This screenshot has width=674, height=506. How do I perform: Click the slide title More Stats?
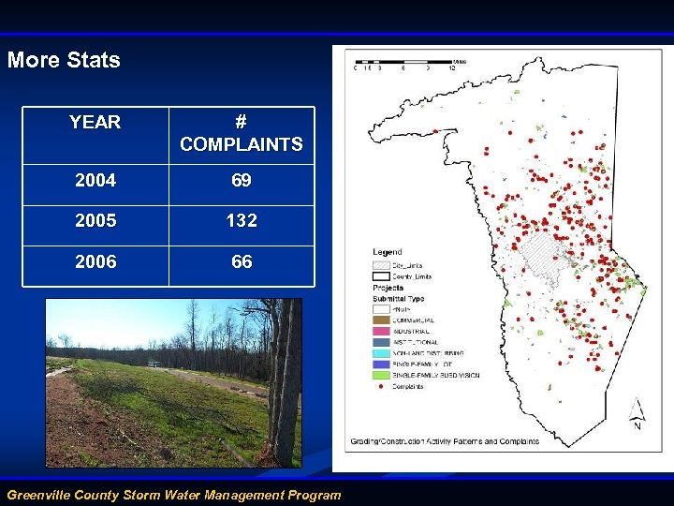64,60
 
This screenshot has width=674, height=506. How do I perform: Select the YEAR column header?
95,122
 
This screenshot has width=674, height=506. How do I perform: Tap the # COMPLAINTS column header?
242,133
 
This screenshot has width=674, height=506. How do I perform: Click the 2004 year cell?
95,180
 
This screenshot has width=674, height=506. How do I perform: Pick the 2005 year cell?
95,221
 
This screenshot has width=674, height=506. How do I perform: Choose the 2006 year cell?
95,262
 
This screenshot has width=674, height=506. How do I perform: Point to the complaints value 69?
242,180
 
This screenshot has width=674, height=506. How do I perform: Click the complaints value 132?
242,221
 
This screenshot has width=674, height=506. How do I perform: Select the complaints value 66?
242,262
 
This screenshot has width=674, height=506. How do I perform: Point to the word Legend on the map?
388,252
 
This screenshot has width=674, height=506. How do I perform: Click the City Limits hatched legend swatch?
382,265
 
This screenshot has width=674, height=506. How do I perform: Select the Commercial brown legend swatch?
382,320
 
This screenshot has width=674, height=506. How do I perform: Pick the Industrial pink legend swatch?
382,331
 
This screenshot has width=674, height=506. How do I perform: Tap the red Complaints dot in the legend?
382,386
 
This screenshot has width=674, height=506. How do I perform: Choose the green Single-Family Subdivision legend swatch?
382,375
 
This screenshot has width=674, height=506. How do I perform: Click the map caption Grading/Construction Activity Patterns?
445,441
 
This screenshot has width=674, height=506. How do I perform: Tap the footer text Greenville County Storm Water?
173,495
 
